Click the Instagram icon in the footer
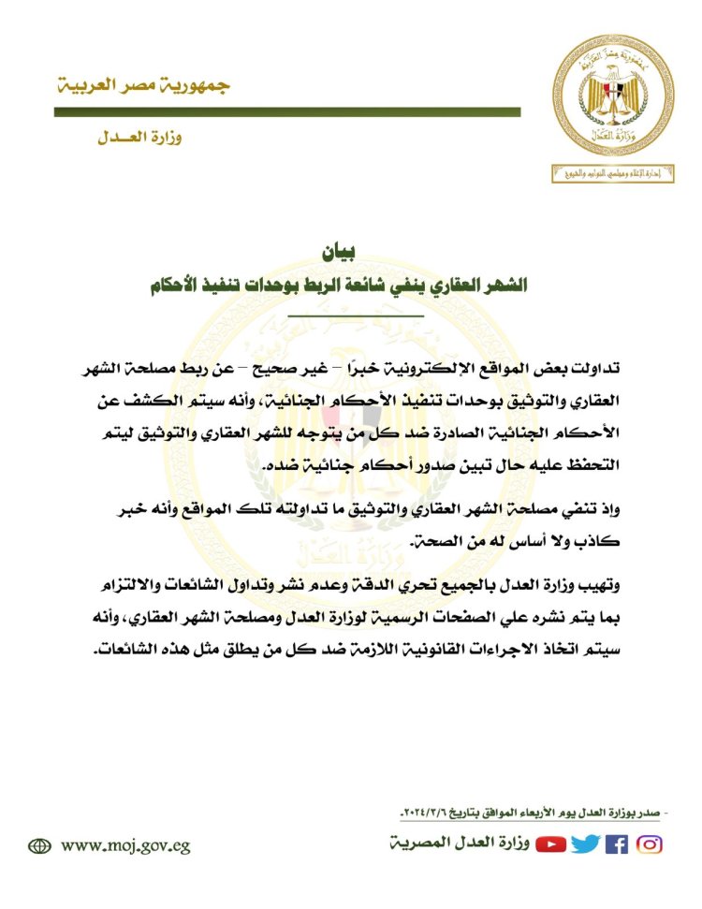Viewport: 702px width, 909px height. [x=650, y=844]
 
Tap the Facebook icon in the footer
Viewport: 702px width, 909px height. [x=617, y=844]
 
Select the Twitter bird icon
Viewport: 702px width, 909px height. [x=586, y=844]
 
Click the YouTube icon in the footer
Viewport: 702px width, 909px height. [x=551, y=844]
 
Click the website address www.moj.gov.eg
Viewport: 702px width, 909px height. [x=126, y=845]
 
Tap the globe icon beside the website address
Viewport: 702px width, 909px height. [x=40, y=845]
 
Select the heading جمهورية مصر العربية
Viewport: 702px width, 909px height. [x=141, y=85]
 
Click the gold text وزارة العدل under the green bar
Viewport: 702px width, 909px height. [x=139, y=138]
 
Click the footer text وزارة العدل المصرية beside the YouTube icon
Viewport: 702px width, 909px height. [x=460, y=845]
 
